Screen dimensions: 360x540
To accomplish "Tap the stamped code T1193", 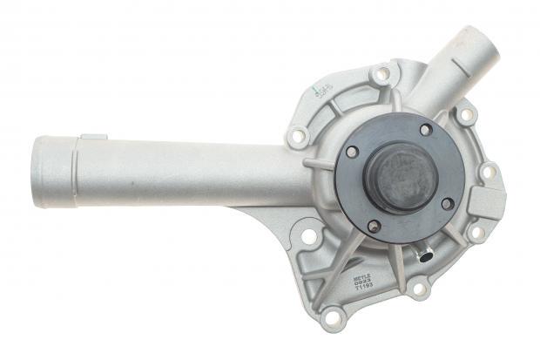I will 363,289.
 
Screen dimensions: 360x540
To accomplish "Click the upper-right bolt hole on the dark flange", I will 426,130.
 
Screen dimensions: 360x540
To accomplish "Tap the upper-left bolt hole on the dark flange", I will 353,152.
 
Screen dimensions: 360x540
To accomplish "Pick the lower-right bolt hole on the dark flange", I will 448,203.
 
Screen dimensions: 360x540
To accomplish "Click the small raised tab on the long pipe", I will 94,137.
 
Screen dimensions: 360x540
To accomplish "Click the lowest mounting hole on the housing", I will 331,316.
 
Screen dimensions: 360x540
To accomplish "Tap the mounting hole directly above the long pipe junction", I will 298,135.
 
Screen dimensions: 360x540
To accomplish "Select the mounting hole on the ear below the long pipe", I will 308,235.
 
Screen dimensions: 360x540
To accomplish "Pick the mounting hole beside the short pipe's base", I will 466,114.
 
